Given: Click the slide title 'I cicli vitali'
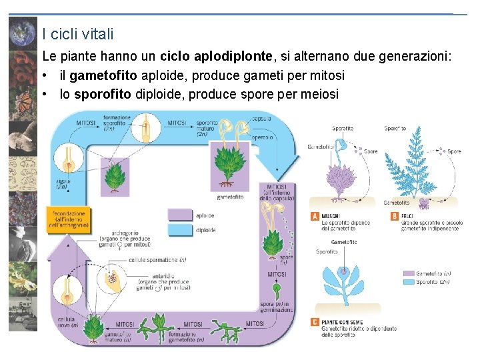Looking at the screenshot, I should click(77, 33).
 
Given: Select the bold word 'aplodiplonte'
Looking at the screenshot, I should click(203, 57).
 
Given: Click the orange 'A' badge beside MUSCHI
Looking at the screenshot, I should click(315, 216).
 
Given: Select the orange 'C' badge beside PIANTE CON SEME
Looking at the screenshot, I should click(315, 322).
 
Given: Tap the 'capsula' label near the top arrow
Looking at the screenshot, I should click(261, 119).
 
